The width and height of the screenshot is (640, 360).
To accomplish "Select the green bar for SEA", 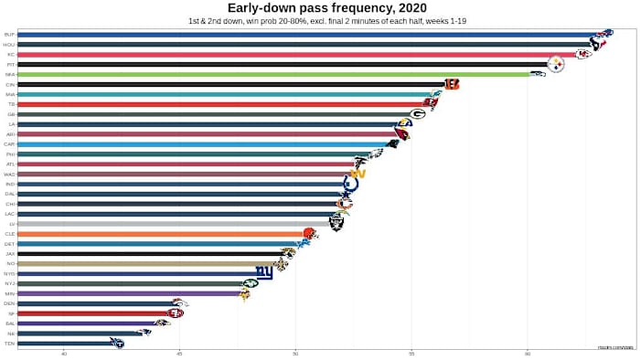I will (x=274, y=74).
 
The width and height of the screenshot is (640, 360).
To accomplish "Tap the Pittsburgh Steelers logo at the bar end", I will (x=556, y=64).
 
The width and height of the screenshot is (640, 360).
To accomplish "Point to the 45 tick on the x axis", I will (x=179, y=353).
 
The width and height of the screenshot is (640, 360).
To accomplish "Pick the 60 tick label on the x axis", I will (x=528, y=353).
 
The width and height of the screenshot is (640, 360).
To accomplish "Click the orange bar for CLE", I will (x=165, y=234).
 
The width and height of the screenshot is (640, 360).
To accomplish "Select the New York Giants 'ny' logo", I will (x=264, y=273).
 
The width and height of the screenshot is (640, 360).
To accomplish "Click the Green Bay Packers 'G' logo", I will (x=418, y=114).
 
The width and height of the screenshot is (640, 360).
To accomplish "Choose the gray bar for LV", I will (x=174, y=224).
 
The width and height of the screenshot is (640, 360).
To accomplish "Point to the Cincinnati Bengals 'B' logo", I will (x=452, y=84).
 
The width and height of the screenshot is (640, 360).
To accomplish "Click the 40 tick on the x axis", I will (x=64, y=353).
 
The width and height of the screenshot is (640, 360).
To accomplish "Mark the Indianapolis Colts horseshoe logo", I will (x=350, y=184).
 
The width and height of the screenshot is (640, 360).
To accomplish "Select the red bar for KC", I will (x=293, y=55).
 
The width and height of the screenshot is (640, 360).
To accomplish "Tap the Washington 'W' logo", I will (x=357, y=174).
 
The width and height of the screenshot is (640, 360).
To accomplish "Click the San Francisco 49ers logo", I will (x=176, y=313).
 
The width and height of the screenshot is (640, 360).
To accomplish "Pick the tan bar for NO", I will (x=146, y=263).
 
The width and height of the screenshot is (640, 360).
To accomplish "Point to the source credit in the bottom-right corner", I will (x=615, y=346).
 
